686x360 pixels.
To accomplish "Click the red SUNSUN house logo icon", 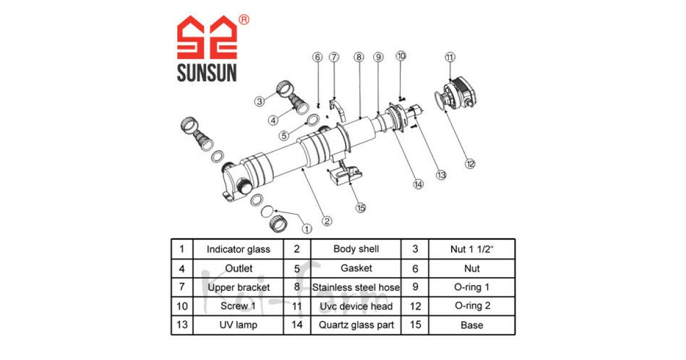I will coord(206,38).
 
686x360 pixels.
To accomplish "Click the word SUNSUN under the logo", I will coord(206,73).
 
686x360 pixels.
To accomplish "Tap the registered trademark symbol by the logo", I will coord(244,20).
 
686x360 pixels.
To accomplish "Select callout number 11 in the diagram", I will coord(450,57).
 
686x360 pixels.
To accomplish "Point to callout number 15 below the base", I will coord(360,208).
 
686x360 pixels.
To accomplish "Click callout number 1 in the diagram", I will coord(307,229).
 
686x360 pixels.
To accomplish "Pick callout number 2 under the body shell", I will coord(326,221).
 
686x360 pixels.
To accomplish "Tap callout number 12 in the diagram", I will coord(470,164).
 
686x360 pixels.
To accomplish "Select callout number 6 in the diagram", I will coord(318,57).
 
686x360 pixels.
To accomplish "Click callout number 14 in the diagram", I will coord(418,184).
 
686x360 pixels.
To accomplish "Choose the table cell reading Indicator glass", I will coord(238,249).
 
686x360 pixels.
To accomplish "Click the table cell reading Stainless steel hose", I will coord(356,287).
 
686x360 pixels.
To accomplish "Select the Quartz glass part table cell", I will coord(356,325).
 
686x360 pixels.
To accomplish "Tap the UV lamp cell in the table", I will coord(238,325).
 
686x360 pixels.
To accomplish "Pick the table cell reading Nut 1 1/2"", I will coord(472,249).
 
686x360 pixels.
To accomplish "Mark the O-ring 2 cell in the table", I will coord(472,306).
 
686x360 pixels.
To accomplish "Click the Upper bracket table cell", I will coord(238,287).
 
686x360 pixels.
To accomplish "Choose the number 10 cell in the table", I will coord(182,306).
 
